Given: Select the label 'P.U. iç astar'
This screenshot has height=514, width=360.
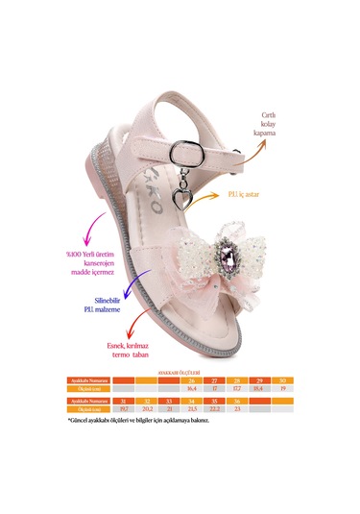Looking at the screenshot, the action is (272, 198).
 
